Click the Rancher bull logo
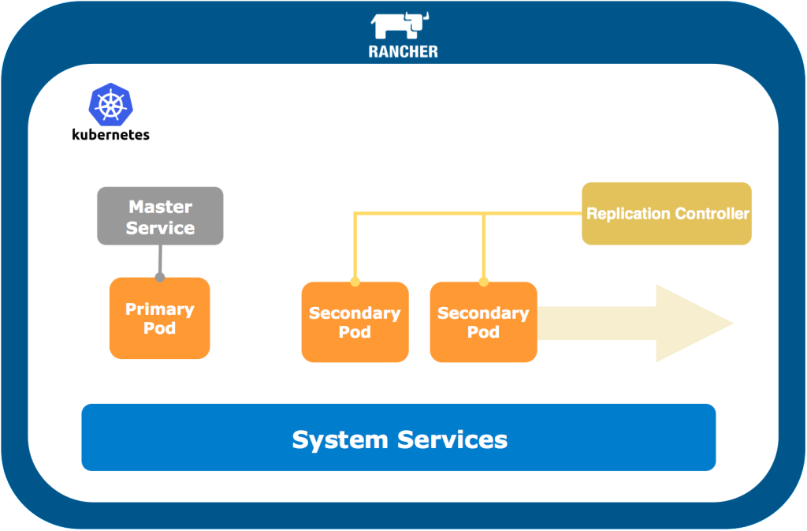click(403, 25)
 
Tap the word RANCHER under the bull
click(403, 52)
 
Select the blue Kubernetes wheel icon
click(110, 105)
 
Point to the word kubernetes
click(110, 134)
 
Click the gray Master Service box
click(160, 215)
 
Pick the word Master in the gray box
click(160, 207)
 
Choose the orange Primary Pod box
click(159, 318)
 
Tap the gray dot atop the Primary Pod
click(160, 277)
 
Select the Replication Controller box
click(667, 214)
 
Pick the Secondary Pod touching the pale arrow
click(483, 322)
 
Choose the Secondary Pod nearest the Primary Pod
click(355, 322)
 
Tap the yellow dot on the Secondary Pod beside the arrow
click(484, 282)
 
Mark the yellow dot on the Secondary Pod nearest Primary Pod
click(355, 282)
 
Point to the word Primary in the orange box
click(159, 309)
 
